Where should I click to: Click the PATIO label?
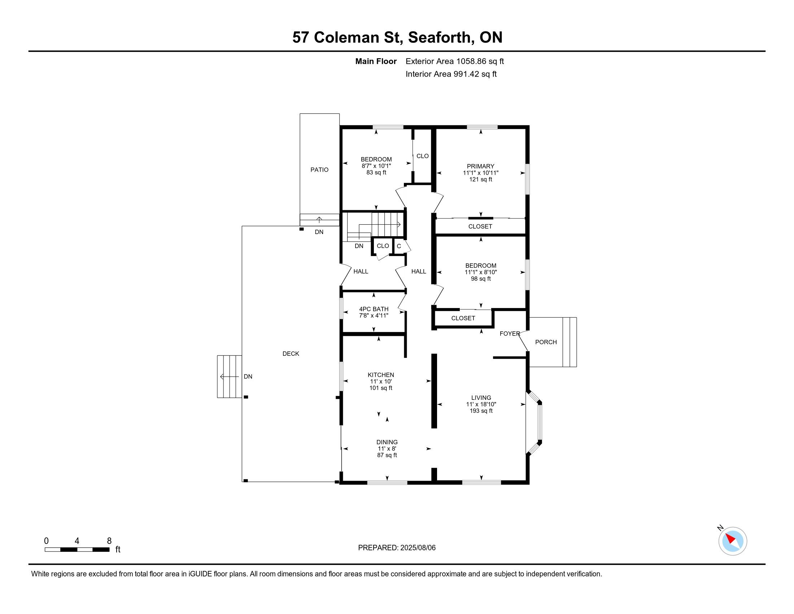tap(319, 169)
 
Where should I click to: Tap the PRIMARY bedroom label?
tap(481, 166)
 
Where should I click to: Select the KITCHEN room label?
tap(381, 375)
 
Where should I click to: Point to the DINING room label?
tap(387, 442)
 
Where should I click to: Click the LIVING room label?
tap(481, 398)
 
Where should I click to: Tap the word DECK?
tap(291, 354)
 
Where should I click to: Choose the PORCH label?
tap(546, 342)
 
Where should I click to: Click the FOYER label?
tap(510, 334)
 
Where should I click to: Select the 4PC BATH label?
tap(374, 309)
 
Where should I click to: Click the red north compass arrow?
tap(731, 539)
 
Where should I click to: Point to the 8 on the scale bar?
tap(109, 541)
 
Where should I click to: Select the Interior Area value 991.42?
tap(466, 74)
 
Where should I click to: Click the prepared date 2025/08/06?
tap(417, 548)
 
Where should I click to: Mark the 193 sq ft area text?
tap(481, 411)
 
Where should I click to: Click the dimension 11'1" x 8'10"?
tap(481, 272)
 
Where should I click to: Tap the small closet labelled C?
tap(399, 246)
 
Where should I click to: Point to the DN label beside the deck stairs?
tap(248, 376)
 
